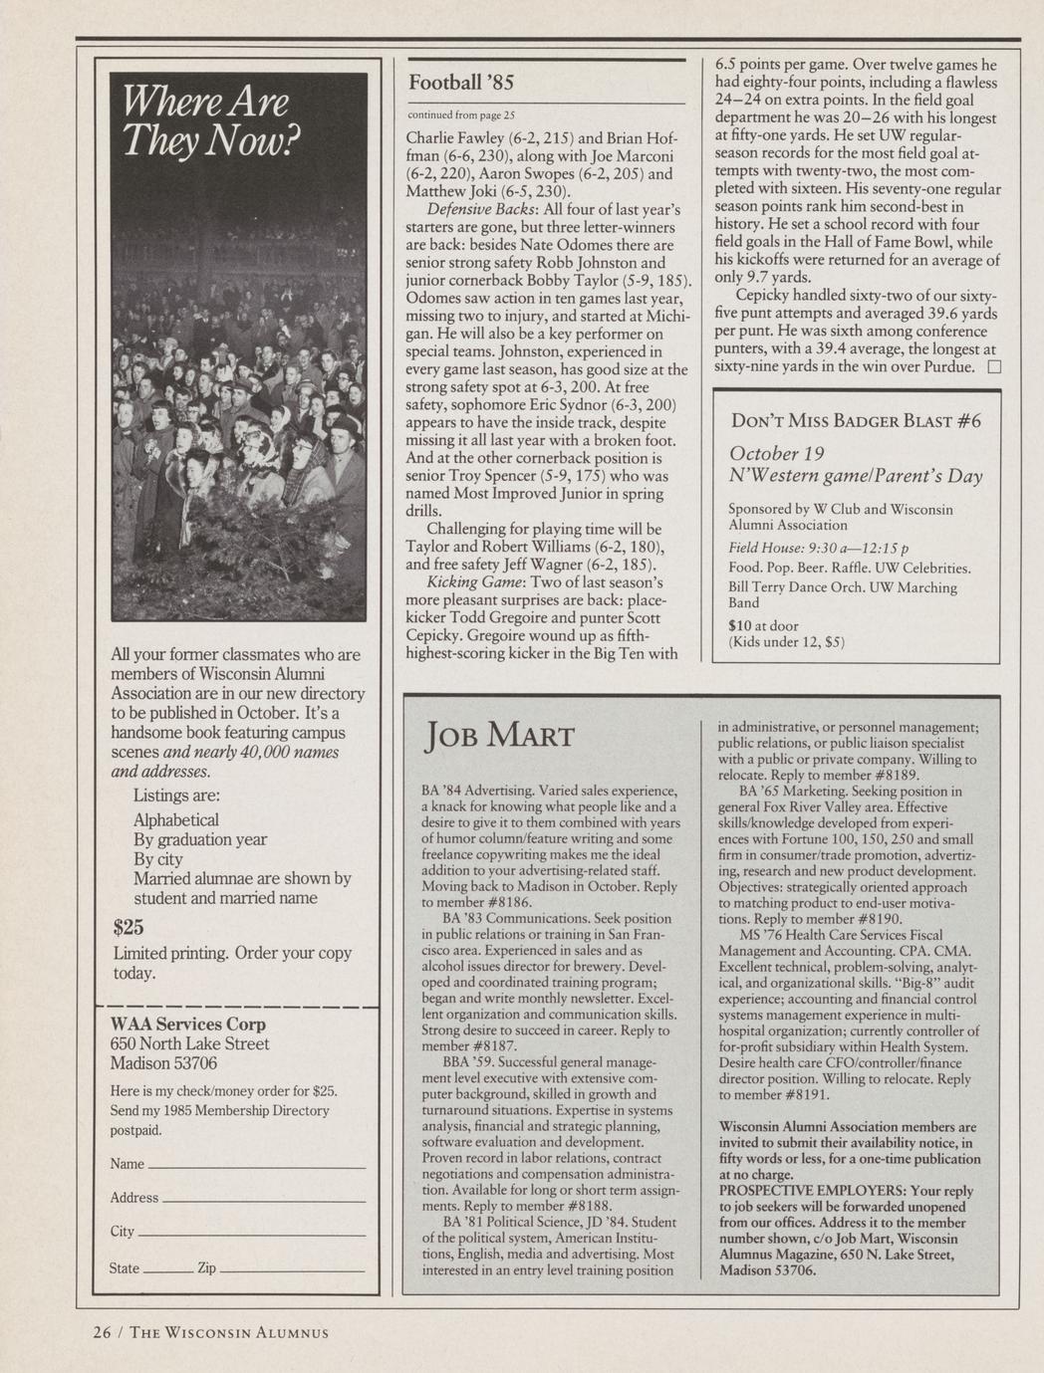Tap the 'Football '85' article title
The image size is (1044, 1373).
(x=460, y=81)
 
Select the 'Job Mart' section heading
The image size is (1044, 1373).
(x=499, y=737)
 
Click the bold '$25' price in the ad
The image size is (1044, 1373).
(x=129, y=928)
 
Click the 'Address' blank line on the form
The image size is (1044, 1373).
(x=263, y=1200)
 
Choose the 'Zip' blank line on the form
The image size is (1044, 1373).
(x=292, y=1269)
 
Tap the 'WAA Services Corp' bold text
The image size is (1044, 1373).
(x=187, y=1024)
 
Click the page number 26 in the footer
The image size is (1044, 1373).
(x=102, y=1333)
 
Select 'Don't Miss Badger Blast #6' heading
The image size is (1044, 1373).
(x=856, y=420)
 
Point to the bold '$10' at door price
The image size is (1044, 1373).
(x=739, y=625)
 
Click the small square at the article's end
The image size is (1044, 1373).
(x=992, y=367)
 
